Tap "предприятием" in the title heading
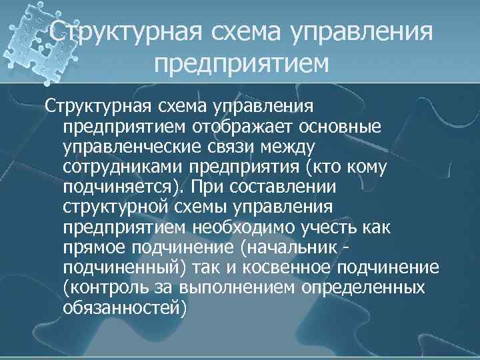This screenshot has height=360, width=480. click(x=241, y=65)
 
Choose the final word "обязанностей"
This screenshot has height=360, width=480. click(x=125, y=308)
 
